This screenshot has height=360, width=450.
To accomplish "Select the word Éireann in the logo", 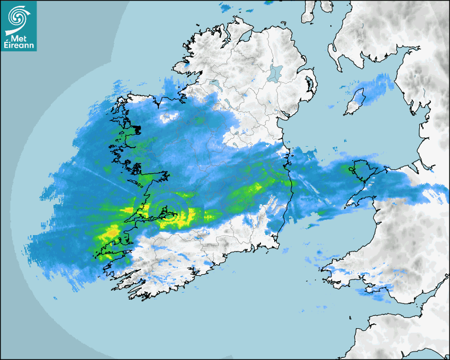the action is pyautogui.click(x=19, y=46).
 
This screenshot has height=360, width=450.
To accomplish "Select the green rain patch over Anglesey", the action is pyautogui.click(x=351, y=169).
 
